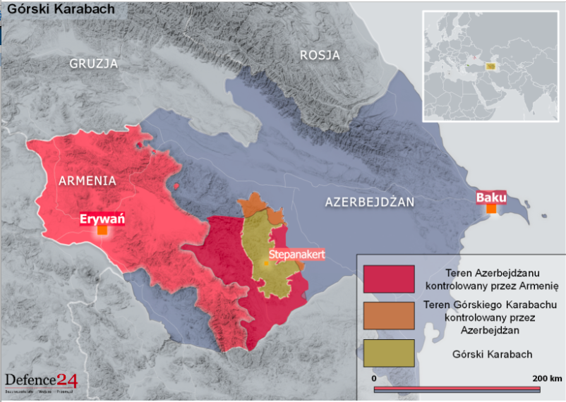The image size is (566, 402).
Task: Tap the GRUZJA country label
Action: [x=93, y=63]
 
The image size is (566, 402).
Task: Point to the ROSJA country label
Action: [x=320, y=55]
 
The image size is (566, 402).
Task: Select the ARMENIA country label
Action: [x=88, y=181]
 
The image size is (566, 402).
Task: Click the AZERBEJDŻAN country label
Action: [x=369, y=202]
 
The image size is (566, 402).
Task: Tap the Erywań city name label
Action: [x=102, y=218]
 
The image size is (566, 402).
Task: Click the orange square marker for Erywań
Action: [x=102, y=230]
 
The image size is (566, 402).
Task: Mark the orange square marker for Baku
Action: [x=491, y=209]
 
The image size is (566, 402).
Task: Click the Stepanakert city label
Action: [x=296, y=256]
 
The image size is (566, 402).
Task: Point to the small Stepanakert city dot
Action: [x=267, y=263]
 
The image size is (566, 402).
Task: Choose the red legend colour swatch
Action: [x=389, y=279]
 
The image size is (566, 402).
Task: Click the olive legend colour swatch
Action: [x=389, y=353]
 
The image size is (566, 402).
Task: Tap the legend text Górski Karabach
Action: [x=492, y=354]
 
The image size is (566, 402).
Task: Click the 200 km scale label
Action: [x=547, y=378]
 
